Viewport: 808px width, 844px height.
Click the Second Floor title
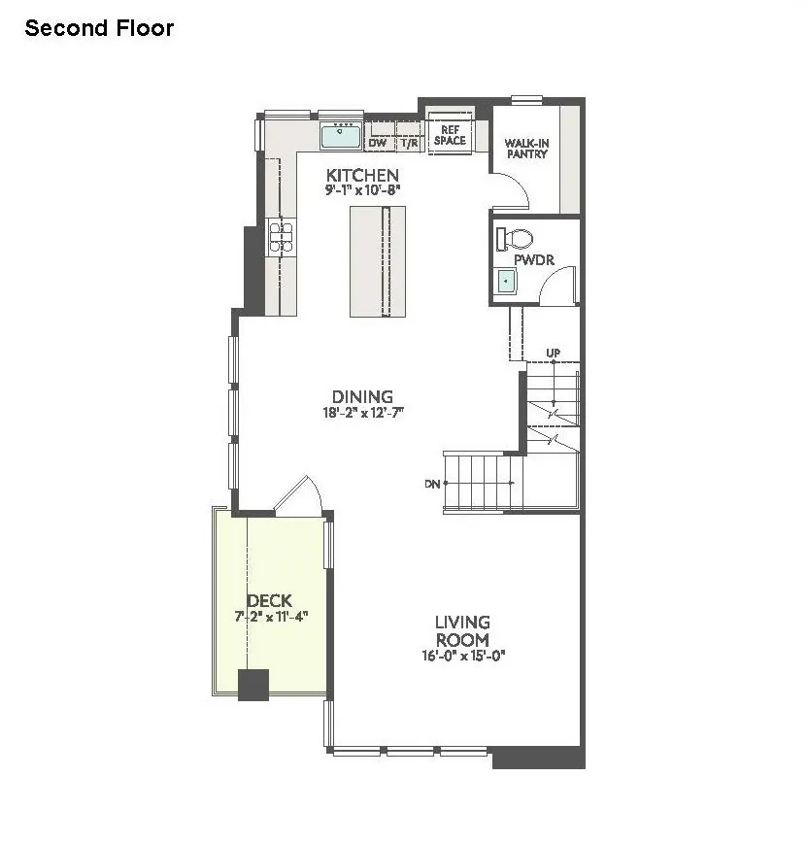click(99, 28)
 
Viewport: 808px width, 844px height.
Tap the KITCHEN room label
click(361, 175)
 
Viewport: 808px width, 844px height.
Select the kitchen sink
click(341, 135)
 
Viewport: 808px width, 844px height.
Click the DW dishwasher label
click(378, 143)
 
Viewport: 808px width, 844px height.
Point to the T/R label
click(409, 143)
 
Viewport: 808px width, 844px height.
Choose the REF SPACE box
click(449, 134)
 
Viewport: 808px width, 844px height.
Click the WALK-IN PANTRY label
click(526, 149)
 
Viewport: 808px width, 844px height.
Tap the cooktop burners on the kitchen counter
click(281, 237)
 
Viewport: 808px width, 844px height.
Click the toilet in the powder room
click(515, 239)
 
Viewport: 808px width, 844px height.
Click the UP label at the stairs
click(553, 353)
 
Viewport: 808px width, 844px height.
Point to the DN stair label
click(432, 483)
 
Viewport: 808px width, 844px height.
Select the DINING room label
click(362, 396)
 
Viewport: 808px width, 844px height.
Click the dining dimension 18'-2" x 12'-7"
click(362, 412)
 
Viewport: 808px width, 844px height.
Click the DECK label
click(269, 601)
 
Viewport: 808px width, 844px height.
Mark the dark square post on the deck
click(253, 685)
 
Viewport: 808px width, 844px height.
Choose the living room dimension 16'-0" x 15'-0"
click(462, 656)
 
